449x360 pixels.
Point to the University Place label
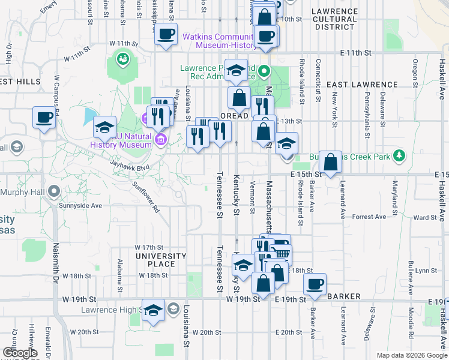161,260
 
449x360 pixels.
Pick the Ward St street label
424,218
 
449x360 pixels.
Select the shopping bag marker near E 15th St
330,161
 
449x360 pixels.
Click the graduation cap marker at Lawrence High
154,309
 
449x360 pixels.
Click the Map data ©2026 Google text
411,355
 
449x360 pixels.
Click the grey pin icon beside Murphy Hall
53,192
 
